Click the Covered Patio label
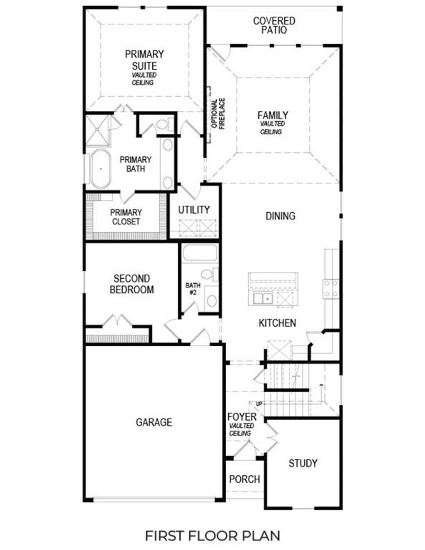pyautogui.click(x=274, y=25)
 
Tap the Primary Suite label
pyautogui.click(x=144, y=60)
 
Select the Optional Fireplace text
pyautogui.click(x=218, y=114)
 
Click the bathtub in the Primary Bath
pyautogui.click(x=100, y=169)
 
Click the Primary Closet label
pyautogui.click(x=126, y=217)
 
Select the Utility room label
pyautogui.click(x=194, y=210)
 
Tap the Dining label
pyautogui.click(x=281, y=216)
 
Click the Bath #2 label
pyautogui.click(x=193, y=289)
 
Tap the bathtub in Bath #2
pyautogui.click(x=200, y=253)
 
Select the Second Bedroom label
pyautogui.click(x=132, y=284)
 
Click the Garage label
pyautogui.click(x=154, y=422)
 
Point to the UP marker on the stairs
pyautogui.click(x=259, y=404)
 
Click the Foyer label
pyautogui.click(x=242, y=416)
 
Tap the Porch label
pyautogui.click(x=244, y=479)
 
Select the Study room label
pyautogui.click(x=303, y=463)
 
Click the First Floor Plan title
pyautogui.click(x=212, y=535)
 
